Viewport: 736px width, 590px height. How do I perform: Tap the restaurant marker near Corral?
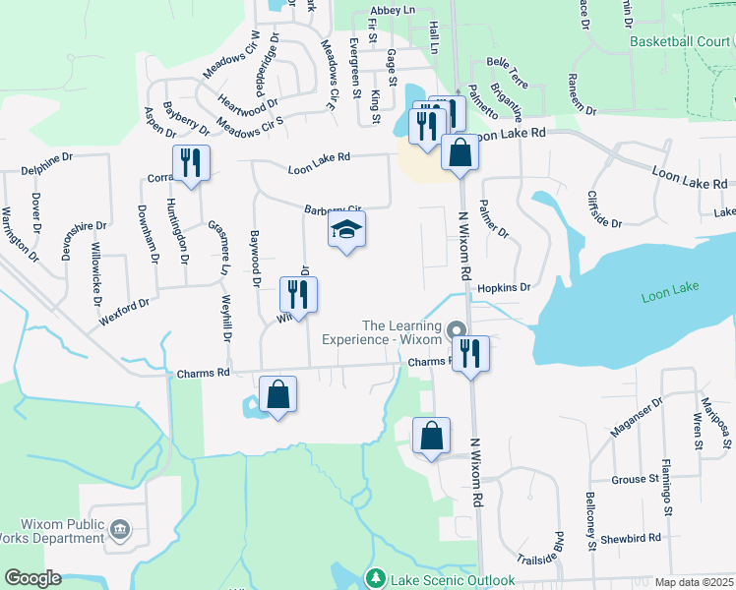(191, 163)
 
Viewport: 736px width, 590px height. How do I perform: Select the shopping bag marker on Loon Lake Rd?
(460, 152)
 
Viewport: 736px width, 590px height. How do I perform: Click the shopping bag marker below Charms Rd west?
(278, 394)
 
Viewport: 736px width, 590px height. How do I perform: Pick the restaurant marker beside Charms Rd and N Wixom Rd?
(470, 353)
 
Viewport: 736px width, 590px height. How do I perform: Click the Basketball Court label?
(680, 41)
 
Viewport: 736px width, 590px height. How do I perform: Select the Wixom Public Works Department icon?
(120, 530)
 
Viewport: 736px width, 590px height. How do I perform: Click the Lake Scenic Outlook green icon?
(374, 578)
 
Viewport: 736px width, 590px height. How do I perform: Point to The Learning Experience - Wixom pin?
(456, 329)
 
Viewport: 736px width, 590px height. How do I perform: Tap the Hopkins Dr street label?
(504, 288)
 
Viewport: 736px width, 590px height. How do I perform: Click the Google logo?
(32, 578)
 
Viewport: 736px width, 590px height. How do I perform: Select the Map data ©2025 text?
(694, 582)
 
